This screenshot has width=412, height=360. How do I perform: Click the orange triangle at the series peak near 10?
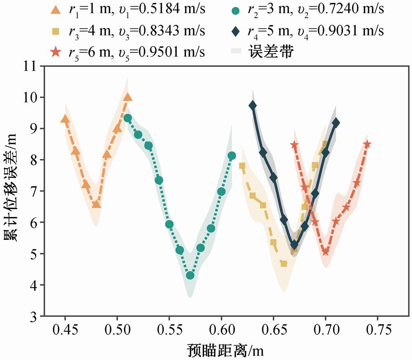click(x=128, y=97)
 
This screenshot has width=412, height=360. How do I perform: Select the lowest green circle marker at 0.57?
click(x=190, y=275)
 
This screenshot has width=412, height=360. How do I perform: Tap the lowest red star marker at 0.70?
click(x=326, y=252)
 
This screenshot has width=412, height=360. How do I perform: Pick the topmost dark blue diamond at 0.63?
click(x=253, y=106)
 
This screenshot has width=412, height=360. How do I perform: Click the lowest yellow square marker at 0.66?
click(x=284, y=263)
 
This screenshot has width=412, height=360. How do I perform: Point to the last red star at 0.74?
click(x=367, y=144)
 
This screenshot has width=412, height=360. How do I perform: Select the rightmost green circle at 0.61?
click(x=232, y=156)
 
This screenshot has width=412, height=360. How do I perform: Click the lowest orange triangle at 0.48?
click(x=97, y=204)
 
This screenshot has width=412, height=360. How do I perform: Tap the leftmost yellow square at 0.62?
click(x=242, y=166)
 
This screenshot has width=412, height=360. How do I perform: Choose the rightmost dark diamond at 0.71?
click(x=336, y=123)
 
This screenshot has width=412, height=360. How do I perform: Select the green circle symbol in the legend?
click(x=236, y=11)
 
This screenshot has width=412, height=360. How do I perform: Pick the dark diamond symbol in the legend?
click(x=236, y=32)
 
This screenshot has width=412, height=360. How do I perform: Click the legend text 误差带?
click(x=271, y=51)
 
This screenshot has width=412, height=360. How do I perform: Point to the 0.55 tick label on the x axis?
click(x=169, y=330)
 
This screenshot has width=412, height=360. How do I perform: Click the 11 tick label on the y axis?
click(x=30, y=66)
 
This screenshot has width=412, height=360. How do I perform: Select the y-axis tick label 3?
click(x=33, y=316)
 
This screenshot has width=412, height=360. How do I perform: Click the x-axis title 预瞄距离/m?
click(x=225, y=351)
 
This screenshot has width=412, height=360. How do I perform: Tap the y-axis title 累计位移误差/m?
click(x=11, y=187)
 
